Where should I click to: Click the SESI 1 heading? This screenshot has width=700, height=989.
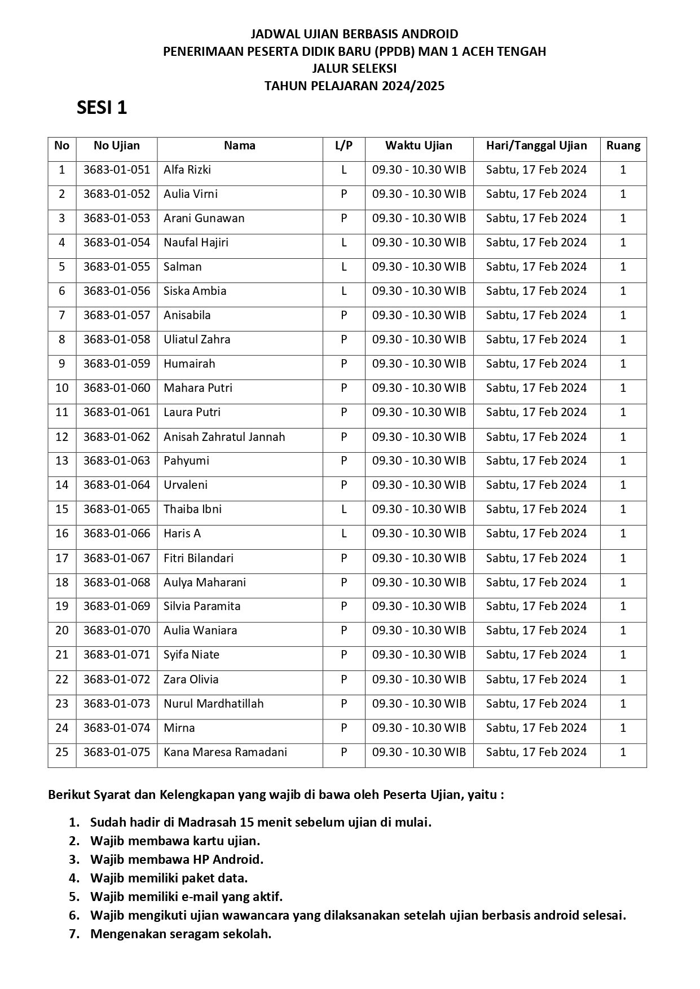[x=102, y=107]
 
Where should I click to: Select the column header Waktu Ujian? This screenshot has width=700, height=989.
[x=419, y=145]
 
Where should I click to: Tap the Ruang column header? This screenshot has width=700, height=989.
[x=623, y=145]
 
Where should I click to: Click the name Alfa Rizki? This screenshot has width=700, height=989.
[x=187, y=170]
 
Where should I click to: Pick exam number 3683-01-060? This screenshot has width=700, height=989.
[x=117, y=388]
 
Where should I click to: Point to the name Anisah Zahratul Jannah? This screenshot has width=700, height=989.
[x=224, y=437]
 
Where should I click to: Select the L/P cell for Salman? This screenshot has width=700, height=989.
[x=344, y=267]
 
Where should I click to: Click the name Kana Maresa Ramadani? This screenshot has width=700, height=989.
[x=225, y=752]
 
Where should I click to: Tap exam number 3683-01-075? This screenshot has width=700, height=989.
[x=117, y=752]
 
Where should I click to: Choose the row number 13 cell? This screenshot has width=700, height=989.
[x=61, y=461]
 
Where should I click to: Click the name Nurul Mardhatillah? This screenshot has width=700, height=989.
[x=214, y=704]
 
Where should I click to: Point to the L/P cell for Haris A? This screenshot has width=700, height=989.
[x=344, y=533]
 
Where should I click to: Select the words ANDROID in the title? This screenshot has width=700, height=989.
[x=432, y=34]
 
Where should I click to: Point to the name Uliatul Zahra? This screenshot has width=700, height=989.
[x=197, y=339]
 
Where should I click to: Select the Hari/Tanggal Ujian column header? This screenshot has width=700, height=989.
[x=536, y=145]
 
